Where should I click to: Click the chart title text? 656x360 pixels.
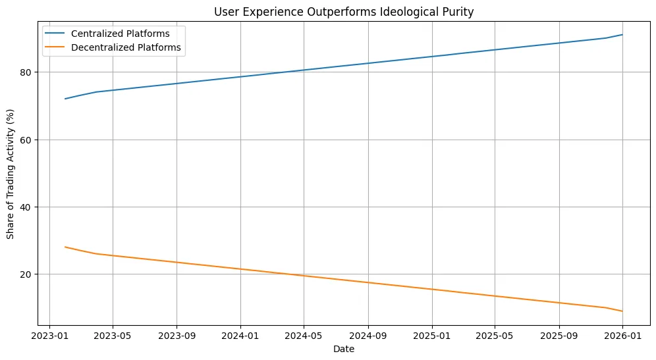tap(343, 11)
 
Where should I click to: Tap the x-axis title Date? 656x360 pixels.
tap(343, 349)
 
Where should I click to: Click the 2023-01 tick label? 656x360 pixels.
tap(49, 336)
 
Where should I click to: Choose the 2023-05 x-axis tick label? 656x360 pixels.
tap(113, 336)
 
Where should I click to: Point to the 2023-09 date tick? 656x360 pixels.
tap(177, 336)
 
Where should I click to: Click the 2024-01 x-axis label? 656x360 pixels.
tap(240, 336)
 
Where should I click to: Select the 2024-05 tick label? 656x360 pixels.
tap(304, 336)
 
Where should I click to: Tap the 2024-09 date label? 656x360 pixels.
tap(368, 336)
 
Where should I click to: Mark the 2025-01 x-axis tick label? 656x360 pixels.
tap(431, 336)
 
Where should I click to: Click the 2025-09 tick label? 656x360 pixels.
tap(559, 336)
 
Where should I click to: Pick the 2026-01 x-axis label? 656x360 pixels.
tap(622, 336)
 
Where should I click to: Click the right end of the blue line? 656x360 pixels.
tap(622, 35)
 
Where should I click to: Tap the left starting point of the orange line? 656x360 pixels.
tap(65, 247)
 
